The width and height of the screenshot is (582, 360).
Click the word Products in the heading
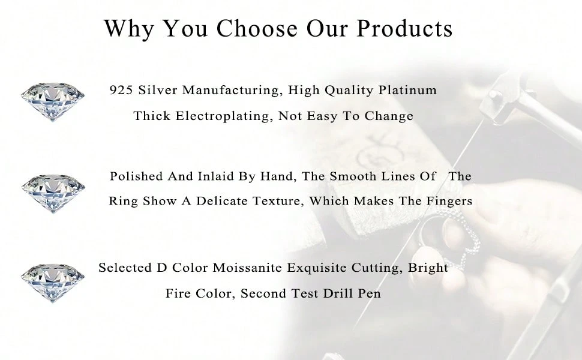[x=404, y=28]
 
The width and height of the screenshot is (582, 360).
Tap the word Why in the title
[x=128, y=29]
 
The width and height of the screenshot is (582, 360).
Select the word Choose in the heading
[x=257, y=28]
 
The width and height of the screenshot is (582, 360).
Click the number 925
[x=121, y=90]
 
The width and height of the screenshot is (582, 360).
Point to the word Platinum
[x=407, y=90]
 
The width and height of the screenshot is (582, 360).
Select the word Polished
[x=136, y=176]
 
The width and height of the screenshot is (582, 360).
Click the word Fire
[x=178, y=293]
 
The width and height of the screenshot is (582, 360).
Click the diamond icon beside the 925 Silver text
[x=52, y=101]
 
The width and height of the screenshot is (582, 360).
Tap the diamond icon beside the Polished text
[x=53, y=193]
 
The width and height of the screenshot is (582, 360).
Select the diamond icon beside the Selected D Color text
[x=52, y=283]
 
